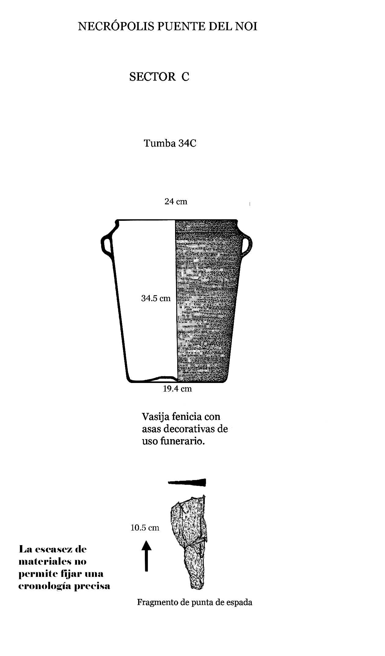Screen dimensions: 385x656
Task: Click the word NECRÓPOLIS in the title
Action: pos(116,26)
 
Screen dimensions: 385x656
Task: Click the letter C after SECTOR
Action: pos(185,77)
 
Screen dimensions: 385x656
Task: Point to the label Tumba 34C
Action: pos(170,143)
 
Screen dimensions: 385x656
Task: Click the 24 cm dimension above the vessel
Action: pos(176,202)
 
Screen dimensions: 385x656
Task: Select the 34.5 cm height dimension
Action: pos(156,298)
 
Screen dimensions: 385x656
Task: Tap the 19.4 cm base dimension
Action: pos(178,389)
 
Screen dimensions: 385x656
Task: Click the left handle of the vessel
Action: pos(107,244)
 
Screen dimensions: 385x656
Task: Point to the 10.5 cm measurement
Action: pos(145,528)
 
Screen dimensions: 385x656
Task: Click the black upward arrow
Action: pos(147,556)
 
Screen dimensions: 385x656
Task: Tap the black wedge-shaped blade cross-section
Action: pos(187,482)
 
